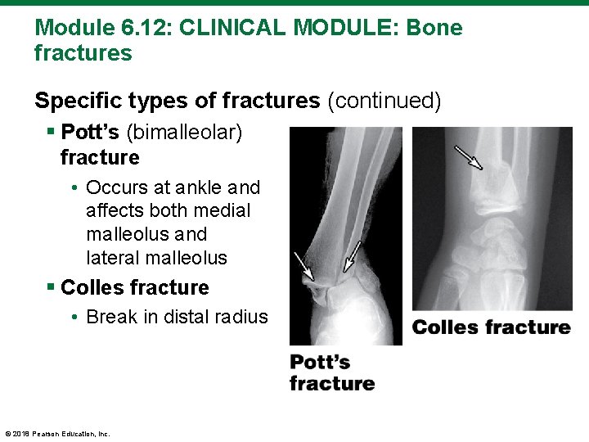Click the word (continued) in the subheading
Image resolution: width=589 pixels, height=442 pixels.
pyautogui.click(x=384, y=101)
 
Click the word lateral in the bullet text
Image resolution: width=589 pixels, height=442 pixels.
pyautogui.click(x=113, y=258)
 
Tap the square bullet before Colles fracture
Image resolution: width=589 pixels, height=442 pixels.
pyautogui.click(x=52, y=288)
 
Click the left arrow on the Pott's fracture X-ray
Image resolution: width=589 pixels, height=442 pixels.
pyautogui.click(x=303, y=265)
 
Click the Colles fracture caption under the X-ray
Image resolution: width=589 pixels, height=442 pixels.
pyautogui.click(x=491, y=327)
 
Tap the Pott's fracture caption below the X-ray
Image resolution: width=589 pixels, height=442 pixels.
pyautogui.click(x=331, y=372)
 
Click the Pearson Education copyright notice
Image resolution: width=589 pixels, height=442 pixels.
pyautogui.click(x=57, y=433)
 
